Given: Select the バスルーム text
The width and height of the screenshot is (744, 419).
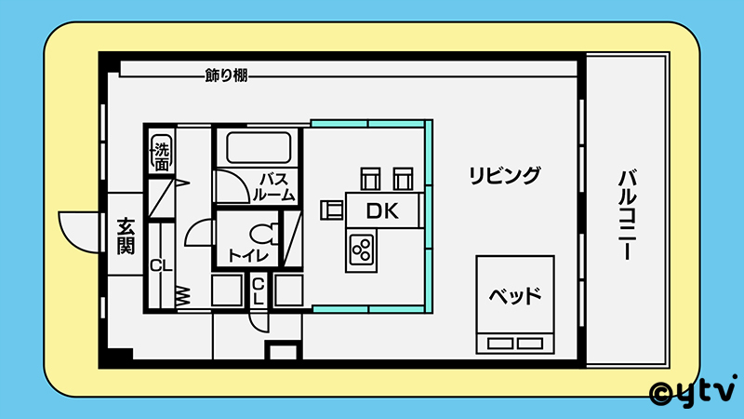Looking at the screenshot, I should tap(276, 186).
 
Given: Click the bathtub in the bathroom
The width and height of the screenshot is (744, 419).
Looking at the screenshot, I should tap(259, 147).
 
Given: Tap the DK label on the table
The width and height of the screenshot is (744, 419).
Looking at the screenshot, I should tap(381, 211).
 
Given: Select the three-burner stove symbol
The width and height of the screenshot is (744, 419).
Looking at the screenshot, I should tap(361, 249).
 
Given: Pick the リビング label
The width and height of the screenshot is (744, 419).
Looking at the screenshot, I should tap(504, 174).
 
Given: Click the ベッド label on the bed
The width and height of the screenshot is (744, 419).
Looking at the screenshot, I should tap(515, 298).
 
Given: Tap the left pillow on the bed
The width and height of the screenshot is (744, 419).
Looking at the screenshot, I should tap(499, 343).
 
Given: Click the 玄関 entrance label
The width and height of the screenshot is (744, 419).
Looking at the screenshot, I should tap(126, 236).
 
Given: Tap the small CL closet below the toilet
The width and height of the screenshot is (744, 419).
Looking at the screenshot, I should tap(259, 291).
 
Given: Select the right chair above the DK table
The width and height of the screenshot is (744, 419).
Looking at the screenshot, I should tap(402, 177).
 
